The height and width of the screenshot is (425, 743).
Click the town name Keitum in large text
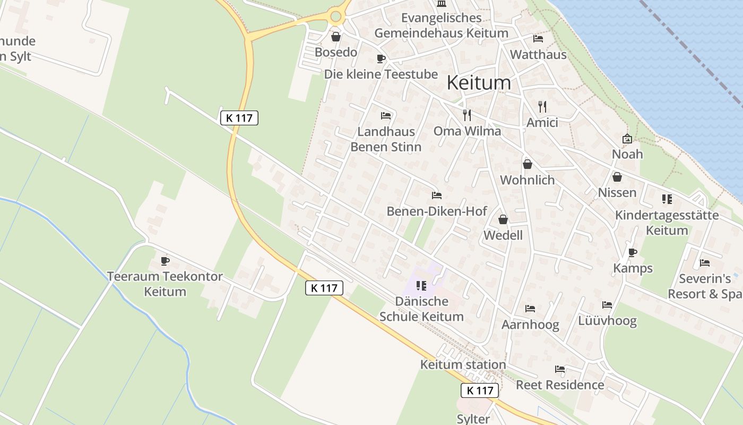click(479, 83)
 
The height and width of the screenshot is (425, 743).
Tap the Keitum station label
click(463, 364)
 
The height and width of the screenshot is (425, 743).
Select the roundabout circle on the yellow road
click(335, 16)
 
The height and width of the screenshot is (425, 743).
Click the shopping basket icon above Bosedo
click(335, 37)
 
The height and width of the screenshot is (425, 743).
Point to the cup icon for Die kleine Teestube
click(381, 58)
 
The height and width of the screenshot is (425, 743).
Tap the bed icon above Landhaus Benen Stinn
click(386, 115)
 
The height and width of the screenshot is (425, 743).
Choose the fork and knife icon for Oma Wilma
click(467, 115)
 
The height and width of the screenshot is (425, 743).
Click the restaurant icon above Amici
click(542, 106)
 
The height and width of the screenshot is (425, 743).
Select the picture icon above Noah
click(627, 139)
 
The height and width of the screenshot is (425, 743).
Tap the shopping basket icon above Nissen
click(617, 177)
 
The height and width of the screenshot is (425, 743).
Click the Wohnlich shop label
click(527, 180)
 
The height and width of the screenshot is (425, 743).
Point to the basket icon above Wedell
click(503, 219)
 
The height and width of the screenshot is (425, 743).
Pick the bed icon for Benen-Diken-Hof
click(437, 195)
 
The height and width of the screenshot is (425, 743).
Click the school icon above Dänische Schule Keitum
click(421, 286)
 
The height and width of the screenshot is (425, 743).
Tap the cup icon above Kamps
click(632, 252)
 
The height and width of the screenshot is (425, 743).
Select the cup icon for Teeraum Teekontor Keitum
click(165, 261)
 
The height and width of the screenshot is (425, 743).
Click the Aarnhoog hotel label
click(530, 325)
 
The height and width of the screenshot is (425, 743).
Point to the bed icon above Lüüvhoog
click(607, 305)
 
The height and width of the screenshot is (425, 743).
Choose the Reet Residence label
click(560, 385)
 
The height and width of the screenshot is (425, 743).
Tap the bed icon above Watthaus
click(538, 39)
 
